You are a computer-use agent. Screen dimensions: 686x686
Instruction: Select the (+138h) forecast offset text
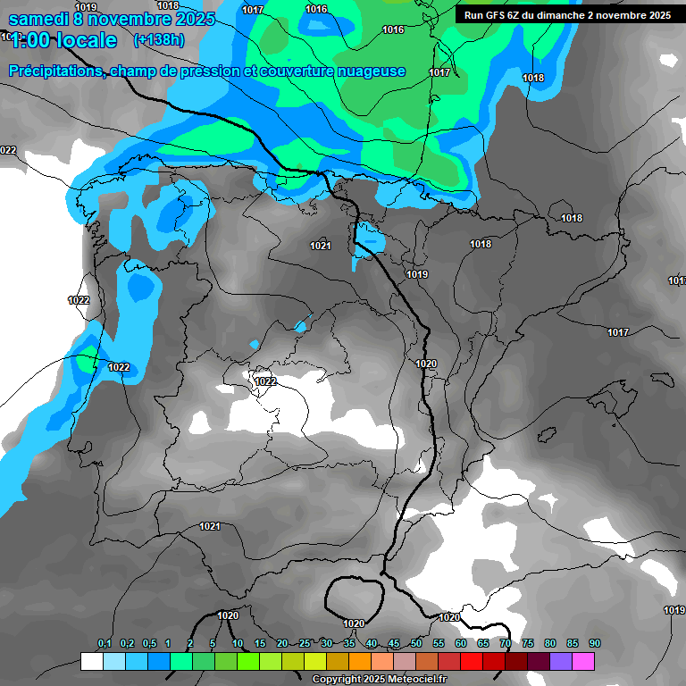159,40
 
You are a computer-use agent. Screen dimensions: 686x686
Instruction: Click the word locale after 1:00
84,40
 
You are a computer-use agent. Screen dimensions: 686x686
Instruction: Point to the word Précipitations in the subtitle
54,71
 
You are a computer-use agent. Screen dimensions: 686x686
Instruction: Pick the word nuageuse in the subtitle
373,71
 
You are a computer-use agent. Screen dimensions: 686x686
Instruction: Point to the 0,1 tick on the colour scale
105,644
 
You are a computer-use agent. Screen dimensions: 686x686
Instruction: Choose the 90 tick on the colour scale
595,644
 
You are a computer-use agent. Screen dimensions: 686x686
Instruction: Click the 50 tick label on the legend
416,644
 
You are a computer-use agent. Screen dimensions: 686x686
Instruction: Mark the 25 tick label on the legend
305,644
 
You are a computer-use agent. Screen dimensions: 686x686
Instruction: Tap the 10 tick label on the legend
237,644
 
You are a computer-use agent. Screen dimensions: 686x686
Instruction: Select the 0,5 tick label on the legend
148,644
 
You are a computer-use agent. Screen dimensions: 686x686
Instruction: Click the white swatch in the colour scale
91,661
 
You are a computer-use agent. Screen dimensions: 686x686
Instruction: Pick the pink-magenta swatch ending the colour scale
583,661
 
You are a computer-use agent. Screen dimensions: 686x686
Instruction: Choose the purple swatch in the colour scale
561,661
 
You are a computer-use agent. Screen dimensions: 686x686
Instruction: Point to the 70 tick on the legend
506,644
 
